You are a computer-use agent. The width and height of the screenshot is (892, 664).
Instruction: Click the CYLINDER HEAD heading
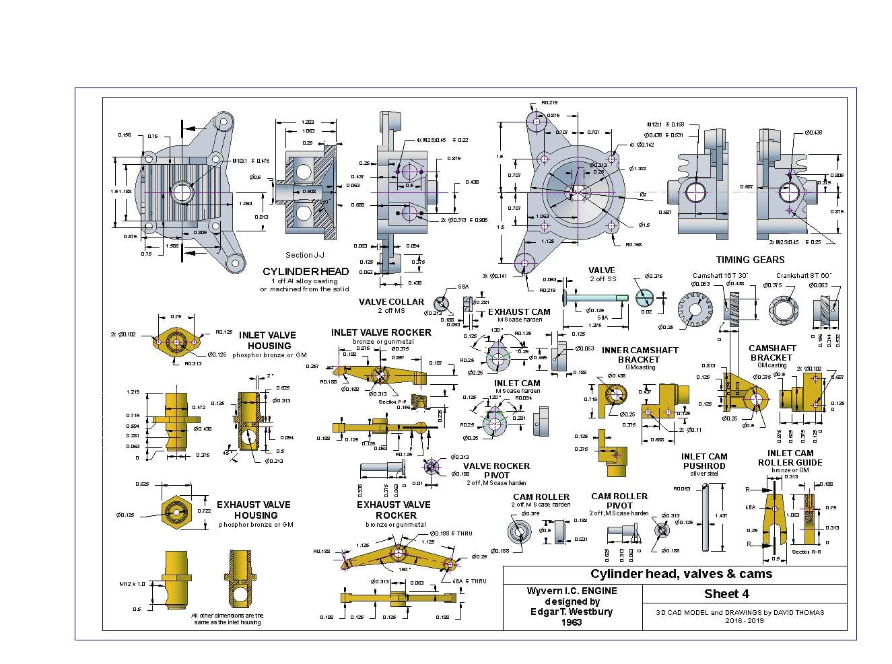306,271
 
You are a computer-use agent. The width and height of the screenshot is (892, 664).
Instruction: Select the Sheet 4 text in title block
726,593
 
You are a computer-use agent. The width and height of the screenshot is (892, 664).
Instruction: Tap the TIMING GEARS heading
750,260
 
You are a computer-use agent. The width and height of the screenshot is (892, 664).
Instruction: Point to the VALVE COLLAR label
391,302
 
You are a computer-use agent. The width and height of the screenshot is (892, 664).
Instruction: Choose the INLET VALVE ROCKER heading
381,332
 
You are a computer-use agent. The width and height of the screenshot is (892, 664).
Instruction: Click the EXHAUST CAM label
519,311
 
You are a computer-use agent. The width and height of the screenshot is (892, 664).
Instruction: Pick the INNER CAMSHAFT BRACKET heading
640,355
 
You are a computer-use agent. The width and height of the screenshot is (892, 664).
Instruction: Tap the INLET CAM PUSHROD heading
704,461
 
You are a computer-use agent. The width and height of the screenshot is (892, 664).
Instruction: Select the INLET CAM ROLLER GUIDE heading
790,457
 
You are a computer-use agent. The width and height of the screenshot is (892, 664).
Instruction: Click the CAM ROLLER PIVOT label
619,501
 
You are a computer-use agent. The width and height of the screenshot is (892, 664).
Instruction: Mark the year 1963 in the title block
572,622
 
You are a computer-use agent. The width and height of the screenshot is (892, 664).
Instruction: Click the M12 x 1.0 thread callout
131,584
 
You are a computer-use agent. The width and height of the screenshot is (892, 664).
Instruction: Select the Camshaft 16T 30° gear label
720,275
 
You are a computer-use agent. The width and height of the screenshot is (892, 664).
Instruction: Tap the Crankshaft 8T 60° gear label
803,275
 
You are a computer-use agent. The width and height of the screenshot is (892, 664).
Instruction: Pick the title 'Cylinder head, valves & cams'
681,574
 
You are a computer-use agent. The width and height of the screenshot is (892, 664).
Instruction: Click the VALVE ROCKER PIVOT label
496,470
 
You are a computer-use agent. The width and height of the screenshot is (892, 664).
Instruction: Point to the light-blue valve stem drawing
596,298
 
